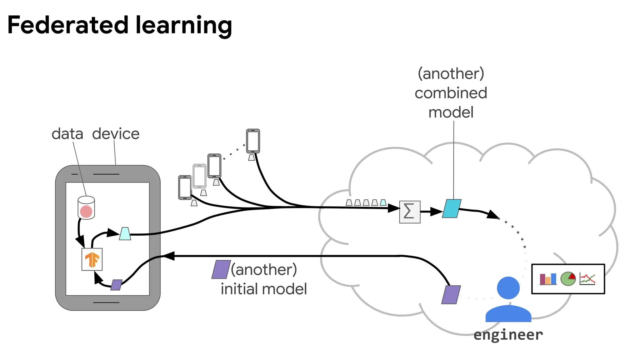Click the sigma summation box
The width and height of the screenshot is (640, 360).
click(x=410, y=212)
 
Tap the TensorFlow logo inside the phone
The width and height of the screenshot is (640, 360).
click(x=92, y=259)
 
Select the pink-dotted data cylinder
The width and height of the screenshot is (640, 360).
click(x=86, y=208)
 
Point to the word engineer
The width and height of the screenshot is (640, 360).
click(x=508, y=335)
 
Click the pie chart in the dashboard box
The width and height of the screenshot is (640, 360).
click(x=568, y=278)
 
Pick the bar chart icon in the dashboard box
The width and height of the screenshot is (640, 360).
click(x=548, y=279)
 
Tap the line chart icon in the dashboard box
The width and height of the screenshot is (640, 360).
click(x=587, y=279)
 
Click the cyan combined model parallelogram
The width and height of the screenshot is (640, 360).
click(x=452, y=208)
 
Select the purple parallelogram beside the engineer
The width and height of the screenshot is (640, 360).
click(x=451, y=295)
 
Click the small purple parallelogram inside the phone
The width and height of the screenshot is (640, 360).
click(x=116, y=285)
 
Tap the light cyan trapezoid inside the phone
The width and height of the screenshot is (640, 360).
click(x=125, y=234)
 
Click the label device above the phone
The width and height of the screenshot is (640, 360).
click(x=116, y=134)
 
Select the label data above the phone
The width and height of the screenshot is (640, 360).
click(x=67, y=134)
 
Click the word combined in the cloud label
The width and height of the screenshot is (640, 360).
click(x=451, y=93)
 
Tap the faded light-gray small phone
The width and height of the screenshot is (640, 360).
click(x=199, y=176)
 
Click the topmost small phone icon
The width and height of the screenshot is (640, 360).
click(x=253, y=141)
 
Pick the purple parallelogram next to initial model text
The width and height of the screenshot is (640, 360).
click(x=221, y=269)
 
